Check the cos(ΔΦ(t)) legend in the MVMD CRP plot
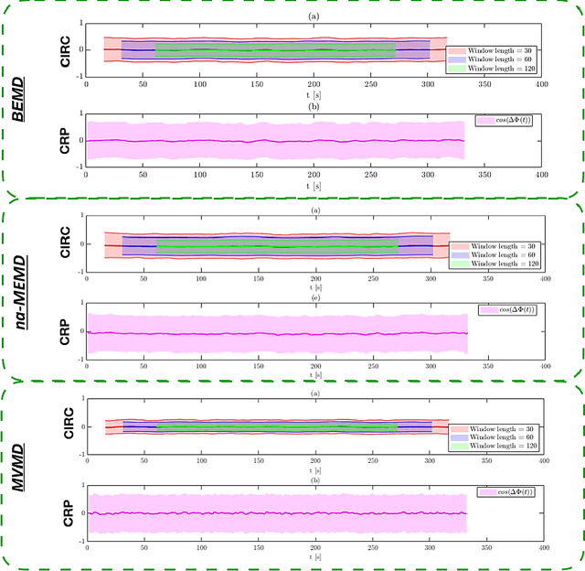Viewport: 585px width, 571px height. pos(505,492)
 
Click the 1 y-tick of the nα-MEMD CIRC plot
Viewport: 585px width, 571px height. pos(80,217)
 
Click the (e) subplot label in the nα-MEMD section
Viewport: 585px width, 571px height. pos(314,298)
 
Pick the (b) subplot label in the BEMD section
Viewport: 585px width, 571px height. pos(314,106)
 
